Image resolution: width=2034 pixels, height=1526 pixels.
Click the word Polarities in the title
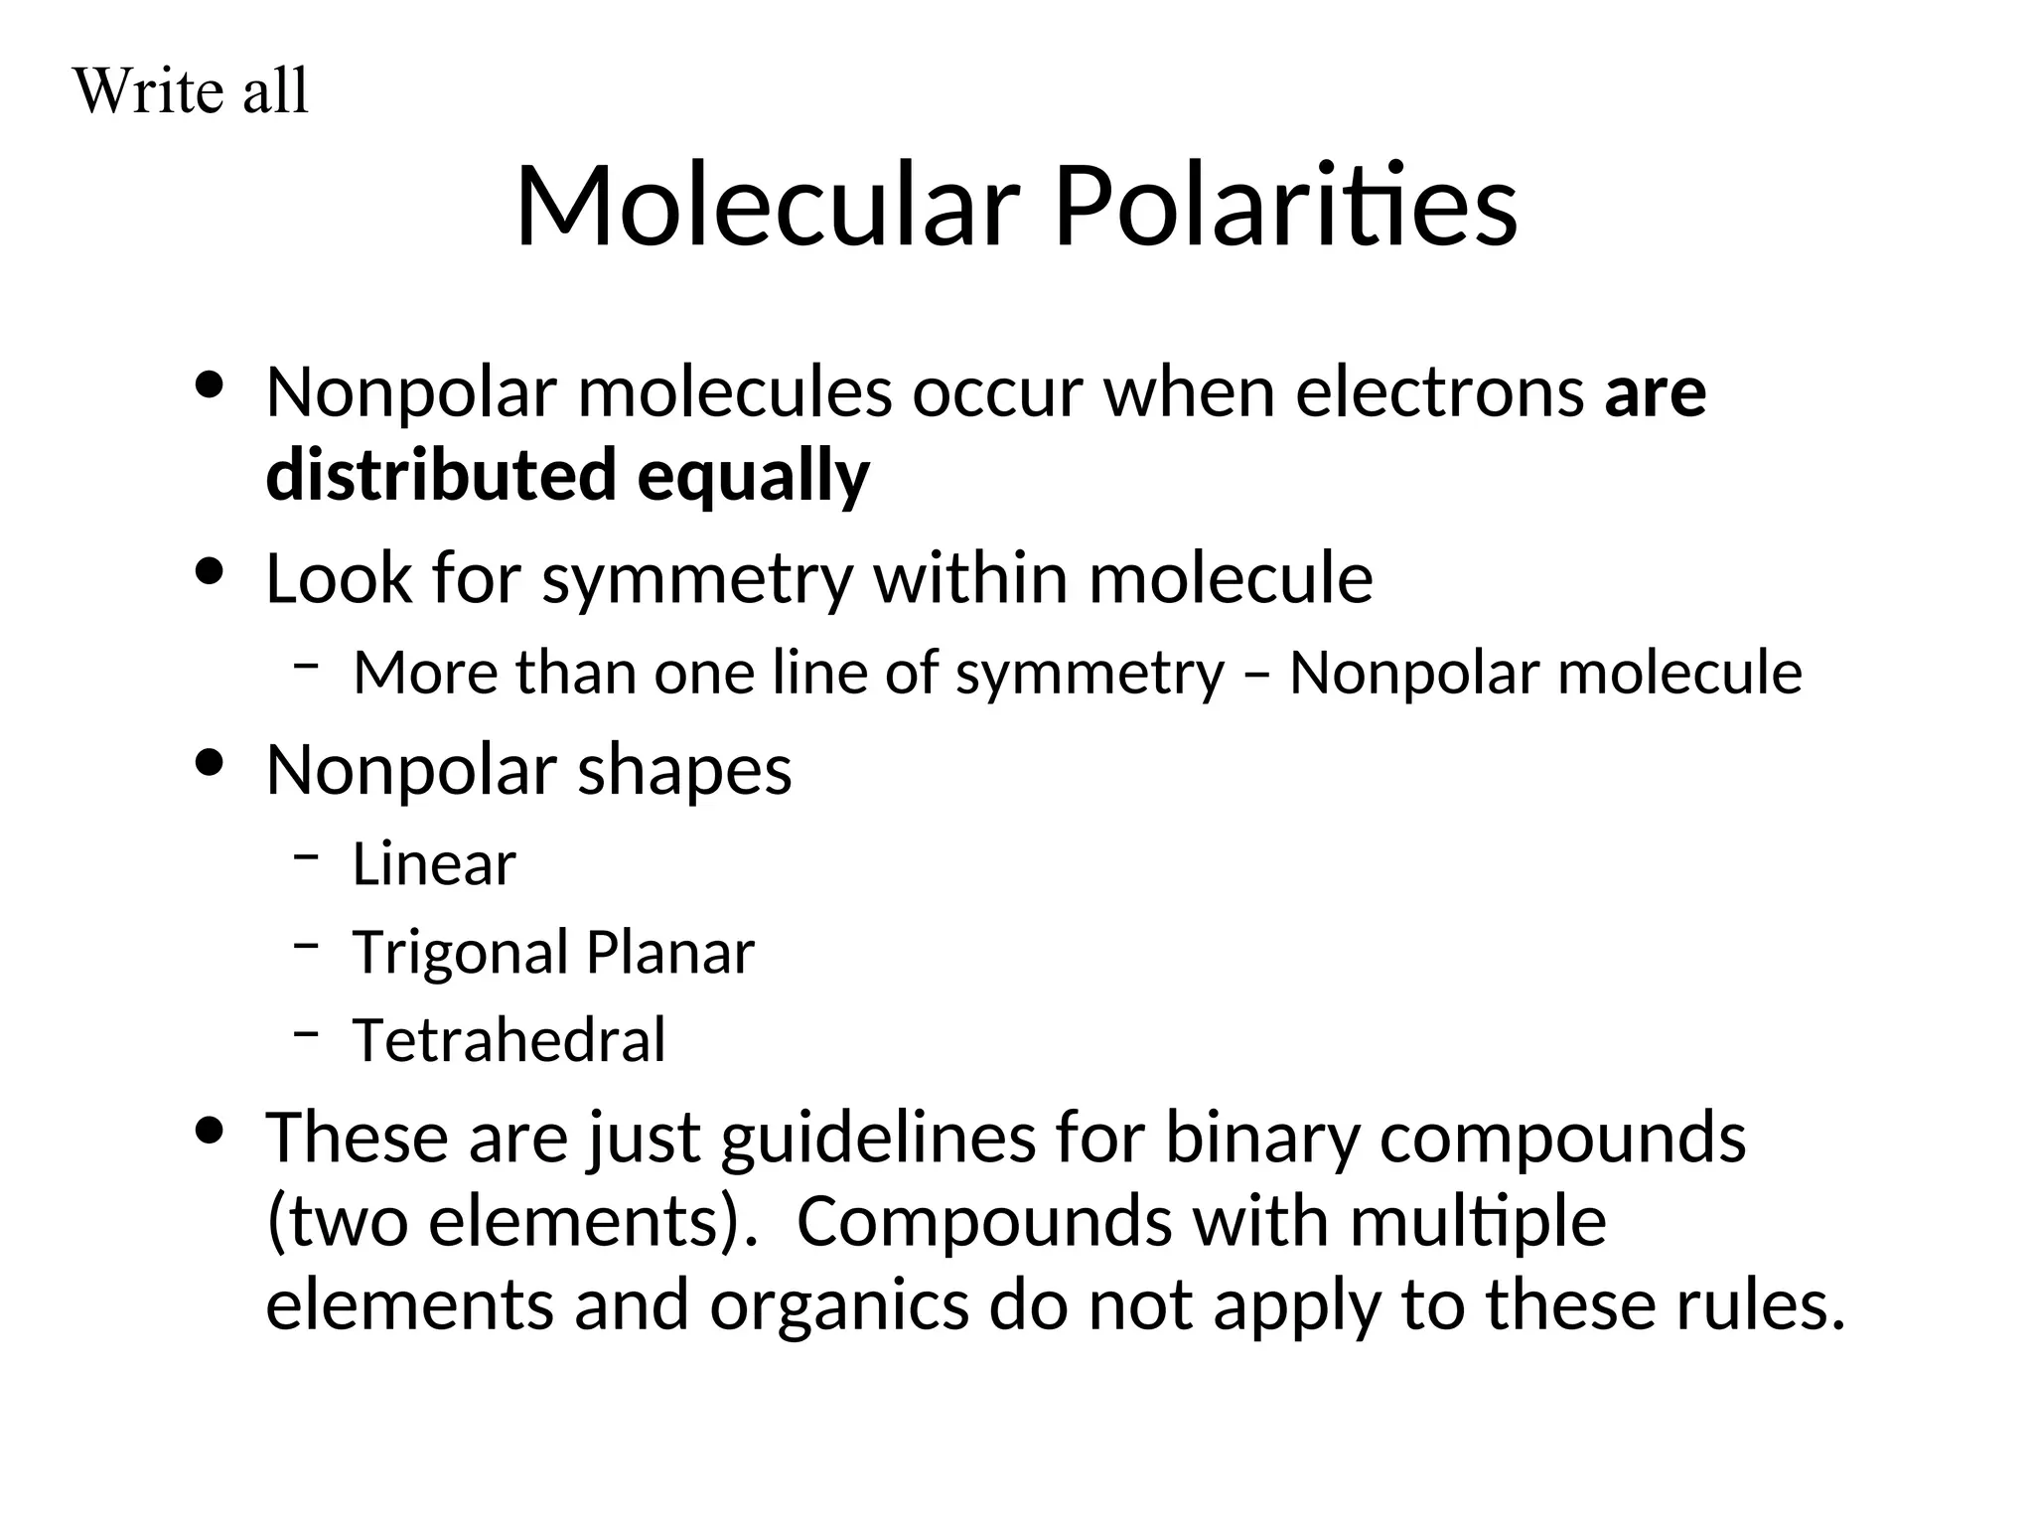coord(1284,207)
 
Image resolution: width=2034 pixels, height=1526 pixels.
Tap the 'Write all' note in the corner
coord(191,91)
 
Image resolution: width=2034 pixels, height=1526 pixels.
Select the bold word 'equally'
coord(753,477)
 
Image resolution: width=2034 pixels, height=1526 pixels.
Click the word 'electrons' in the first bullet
coord(1439,392)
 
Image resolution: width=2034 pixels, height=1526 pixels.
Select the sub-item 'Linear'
coord(434,863)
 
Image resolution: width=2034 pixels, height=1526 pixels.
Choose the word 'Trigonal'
coord(460,953)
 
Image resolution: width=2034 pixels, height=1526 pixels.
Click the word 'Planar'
coord(670,953)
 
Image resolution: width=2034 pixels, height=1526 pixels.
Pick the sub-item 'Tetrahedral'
coord(508,1040)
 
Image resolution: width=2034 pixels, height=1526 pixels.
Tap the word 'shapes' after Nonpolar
coord(684,771)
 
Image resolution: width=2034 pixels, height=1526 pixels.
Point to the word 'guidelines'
coord(878,1138)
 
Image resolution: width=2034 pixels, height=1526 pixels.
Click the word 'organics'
coord(839,1305)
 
